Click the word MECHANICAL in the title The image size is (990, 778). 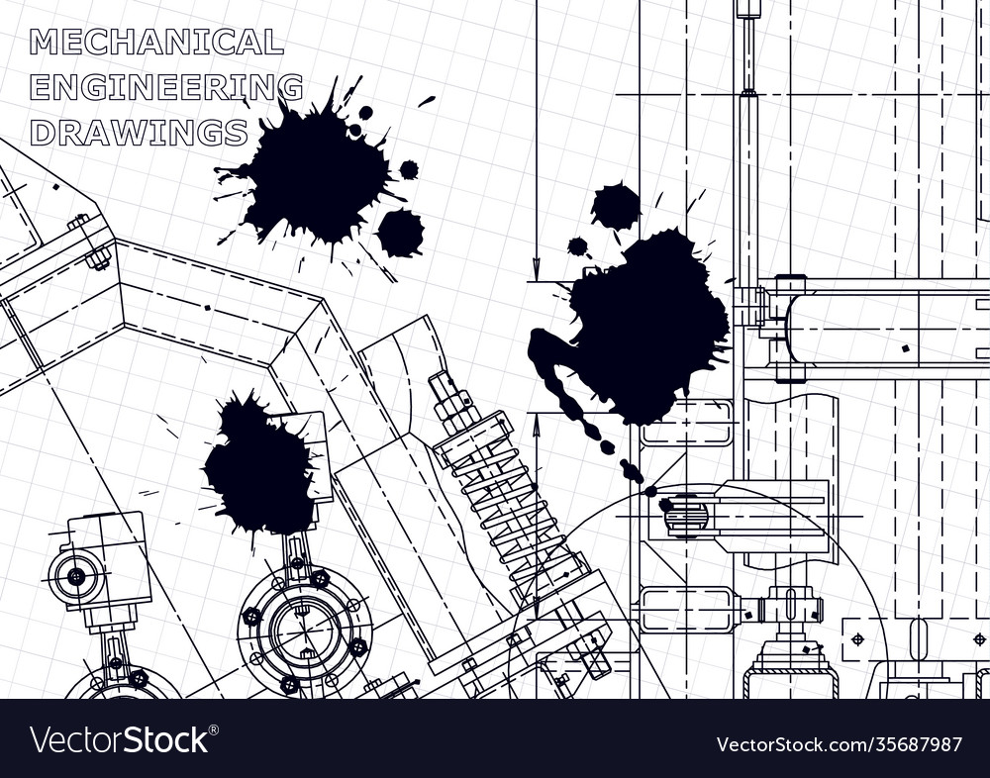click(x=156, y=43)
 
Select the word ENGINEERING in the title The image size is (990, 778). click(x=166, y=87)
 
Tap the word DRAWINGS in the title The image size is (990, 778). click(x=139, y=132)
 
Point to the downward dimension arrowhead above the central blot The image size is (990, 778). click(x=536, y=269)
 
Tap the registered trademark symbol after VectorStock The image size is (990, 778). click(x=215, y=729)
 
